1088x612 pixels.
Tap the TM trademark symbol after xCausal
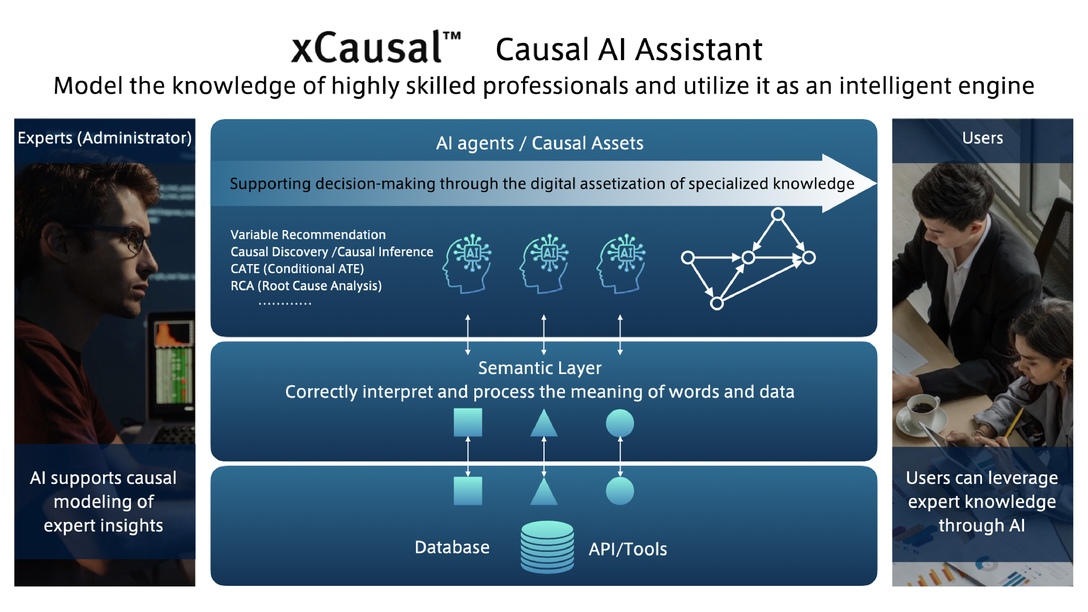tap(452, 36)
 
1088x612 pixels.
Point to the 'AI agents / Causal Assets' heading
tap(539, 143)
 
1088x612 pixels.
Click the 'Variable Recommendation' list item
tap(308, 234)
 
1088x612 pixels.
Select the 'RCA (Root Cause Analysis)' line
tap(306, 286)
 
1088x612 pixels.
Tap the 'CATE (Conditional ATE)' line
tap(297, 269)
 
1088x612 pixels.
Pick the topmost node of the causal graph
tap(778, 214)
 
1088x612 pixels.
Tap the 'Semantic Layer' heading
tap(539, 368)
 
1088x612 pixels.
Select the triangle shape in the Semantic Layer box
tap(543, 424)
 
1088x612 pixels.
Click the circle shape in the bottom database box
tap(620, 491)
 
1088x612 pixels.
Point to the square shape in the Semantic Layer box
tap(468, 422)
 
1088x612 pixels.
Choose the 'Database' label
tap(452, 547)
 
